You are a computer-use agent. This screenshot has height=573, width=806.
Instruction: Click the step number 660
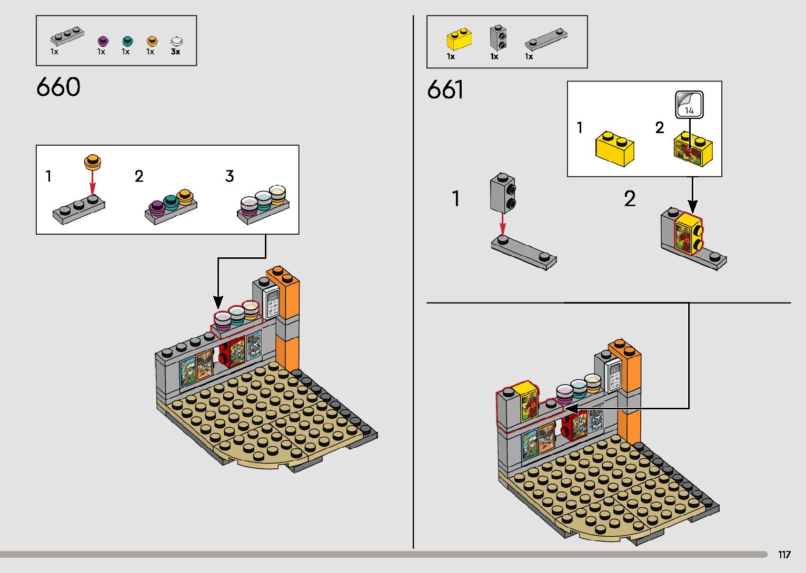[58, 87]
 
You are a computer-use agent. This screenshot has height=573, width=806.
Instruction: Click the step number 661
[445, 89]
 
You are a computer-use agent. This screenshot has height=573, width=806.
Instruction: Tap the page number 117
[784, 555]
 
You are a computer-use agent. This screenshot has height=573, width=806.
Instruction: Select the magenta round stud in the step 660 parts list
[103, 41]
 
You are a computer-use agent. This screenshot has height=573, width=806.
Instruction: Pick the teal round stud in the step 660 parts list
[127, 41]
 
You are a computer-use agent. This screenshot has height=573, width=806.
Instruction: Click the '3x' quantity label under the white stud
[175, 52]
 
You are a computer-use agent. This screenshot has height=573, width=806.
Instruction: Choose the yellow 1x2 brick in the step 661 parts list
[459, 39]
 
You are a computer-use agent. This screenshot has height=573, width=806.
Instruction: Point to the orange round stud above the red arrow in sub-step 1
[93, 162]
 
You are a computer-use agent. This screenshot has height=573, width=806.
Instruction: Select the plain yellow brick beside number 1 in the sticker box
[615, 149]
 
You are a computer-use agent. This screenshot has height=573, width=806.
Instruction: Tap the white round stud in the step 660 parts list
[176, 41]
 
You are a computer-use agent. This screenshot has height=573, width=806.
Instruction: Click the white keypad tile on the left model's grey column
[272, 303]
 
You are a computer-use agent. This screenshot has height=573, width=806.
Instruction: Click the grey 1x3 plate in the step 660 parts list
[67, 37]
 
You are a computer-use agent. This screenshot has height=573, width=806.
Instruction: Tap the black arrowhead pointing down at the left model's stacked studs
[218, 303]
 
